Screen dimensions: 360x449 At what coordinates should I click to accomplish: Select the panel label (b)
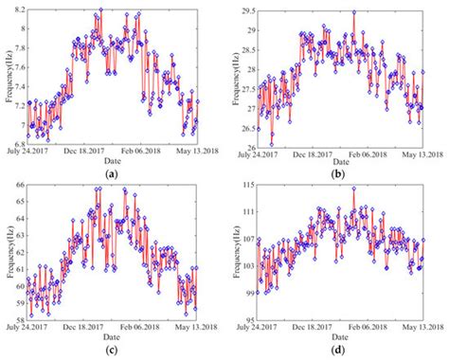point(335,173)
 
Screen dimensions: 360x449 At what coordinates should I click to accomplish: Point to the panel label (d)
point(335,351)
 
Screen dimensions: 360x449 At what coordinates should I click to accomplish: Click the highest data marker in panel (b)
point(353,13)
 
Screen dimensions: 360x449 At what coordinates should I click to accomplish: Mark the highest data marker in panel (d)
point(353,189)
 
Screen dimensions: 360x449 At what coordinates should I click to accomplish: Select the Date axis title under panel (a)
point(112,161)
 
